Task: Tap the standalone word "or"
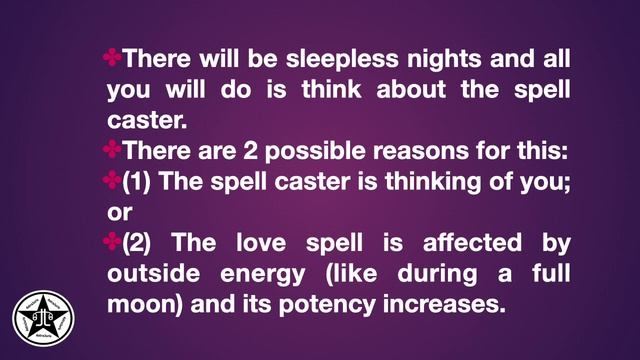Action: pyautogui.click(x=119, y=213)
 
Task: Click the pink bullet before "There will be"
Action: pyautogui.click(x=113, y=58)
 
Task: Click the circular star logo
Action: pyautogui.click(x=44, y=318)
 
